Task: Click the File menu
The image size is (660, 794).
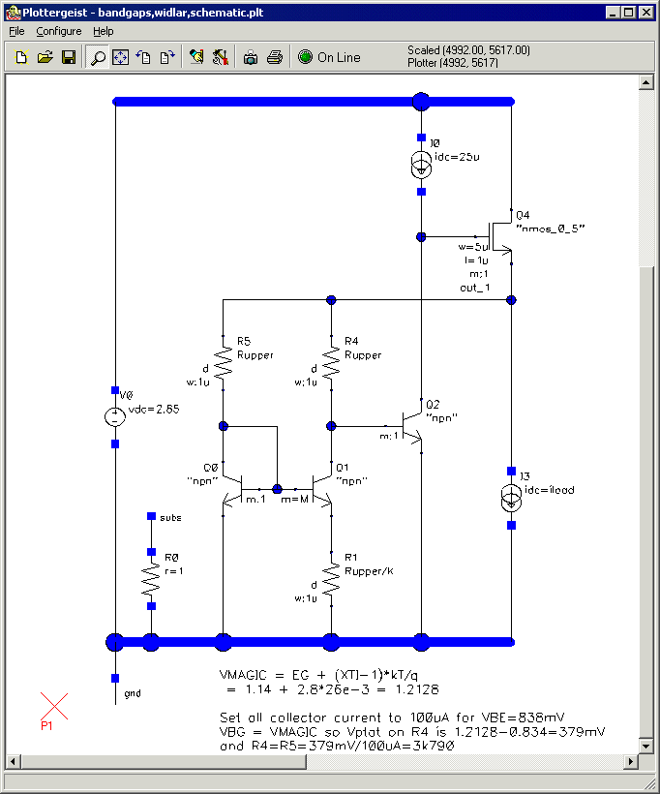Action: click(17, 31)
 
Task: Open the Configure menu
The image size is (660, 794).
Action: click(59, 31)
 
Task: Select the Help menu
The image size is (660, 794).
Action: click(103, 31)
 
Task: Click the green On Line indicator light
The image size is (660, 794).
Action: click(305, 57)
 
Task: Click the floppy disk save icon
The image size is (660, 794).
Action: click(69, 57)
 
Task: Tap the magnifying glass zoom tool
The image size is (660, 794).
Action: click(97, 57)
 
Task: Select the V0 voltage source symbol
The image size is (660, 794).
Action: click(114, 417)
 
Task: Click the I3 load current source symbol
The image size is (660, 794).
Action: click(511, 498)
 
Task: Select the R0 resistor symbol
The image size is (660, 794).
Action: click(151, 578)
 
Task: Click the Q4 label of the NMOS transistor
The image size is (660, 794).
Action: click(524, 214)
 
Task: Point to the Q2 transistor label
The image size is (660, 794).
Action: click(433, 404)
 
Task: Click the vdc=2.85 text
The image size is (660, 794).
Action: click(154, 410)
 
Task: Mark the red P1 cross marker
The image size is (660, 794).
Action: click(54, 708)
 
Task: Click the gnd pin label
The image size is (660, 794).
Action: click(133, 694)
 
